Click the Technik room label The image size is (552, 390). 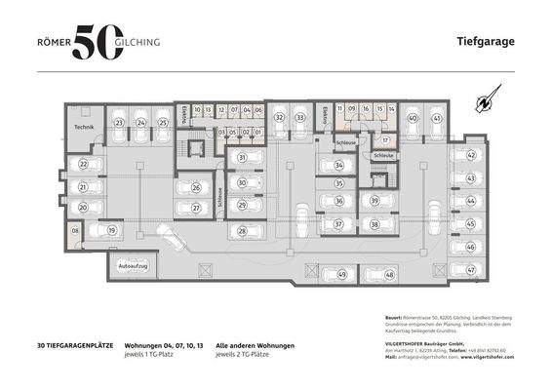click(83, 128)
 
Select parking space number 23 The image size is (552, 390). click(119, 123)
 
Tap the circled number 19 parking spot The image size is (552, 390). click(112, 230)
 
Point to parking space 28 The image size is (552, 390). click(242, 231)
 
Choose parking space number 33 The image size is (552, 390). click(300, 118)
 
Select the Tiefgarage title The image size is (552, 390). click(485, 42)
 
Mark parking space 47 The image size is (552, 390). click(471, 270)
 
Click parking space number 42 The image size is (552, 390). click(471, 155)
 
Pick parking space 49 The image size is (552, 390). click(340, 276)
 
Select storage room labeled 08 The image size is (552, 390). click(74, 231)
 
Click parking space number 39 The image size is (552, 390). click(375, 201)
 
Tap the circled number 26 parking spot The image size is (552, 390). click(196, 187)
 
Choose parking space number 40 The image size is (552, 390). click(413, 118)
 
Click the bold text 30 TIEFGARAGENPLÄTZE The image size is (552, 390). click(77, 345)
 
